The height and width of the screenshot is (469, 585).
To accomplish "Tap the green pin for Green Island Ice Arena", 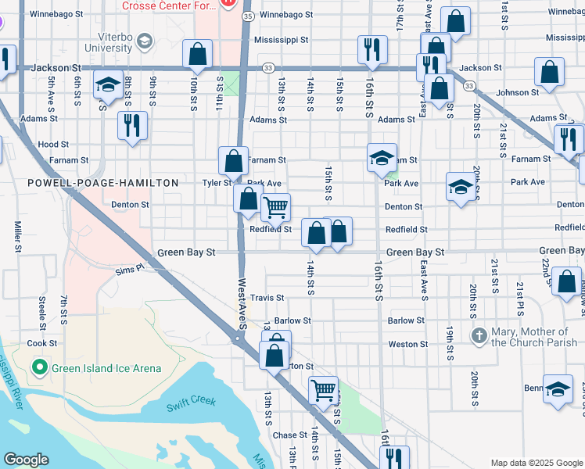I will click(38, 367).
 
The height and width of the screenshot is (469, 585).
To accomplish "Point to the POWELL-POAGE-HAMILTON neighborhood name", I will click(102, 183).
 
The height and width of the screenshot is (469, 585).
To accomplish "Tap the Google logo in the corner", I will click(26, 460).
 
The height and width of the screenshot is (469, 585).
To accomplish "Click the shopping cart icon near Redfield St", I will click(275, 208).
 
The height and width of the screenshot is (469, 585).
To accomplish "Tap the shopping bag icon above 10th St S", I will click(197, 55).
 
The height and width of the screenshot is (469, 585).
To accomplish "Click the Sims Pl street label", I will click(130, 267).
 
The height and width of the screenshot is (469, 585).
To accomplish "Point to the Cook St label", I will click(42, 343).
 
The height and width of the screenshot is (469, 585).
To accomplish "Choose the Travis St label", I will click(267, 298).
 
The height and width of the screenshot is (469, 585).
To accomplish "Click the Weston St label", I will click(408, 344).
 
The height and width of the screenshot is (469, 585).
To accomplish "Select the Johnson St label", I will click(518, 92).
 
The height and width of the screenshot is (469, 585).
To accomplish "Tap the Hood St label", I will click(53, 145).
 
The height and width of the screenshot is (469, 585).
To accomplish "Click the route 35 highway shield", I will click(248, 15).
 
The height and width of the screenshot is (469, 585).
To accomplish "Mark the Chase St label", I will click(290, 435).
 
